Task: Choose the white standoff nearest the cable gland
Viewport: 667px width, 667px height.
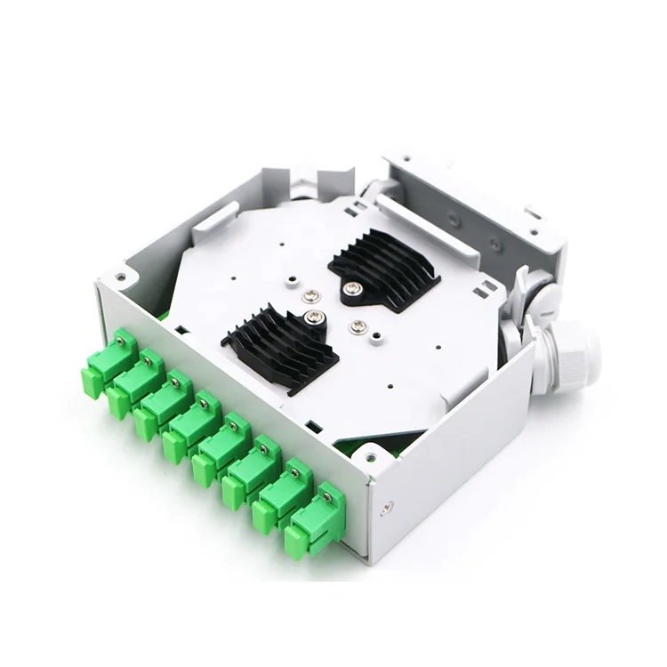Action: point(358,325)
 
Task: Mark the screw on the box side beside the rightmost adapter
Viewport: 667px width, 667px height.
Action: point(387,509)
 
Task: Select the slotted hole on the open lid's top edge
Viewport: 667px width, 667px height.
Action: point(534,213)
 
